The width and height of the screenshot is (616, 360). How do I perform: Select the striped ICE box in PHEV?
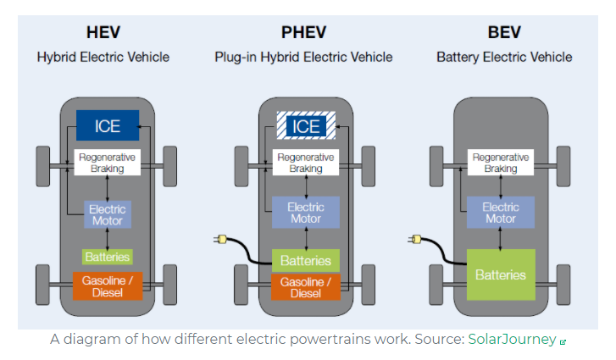[306, 126]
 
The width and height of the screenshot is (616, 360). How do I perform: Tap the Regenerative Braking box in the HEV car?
[108, 163]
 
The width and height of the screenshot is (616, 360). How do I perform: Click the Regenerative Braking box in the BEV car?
[500, 163]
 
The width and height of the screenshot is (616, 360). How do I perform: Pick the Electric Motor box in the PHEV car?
[306, 213]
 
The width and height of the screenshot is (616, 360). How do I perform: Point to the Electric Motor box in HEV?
[108, 215]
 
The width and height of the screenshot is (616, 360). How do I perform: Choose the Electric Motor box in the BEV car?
[500, 213]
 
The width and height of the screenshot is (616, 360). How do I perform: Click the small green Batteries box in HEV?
[108, 256]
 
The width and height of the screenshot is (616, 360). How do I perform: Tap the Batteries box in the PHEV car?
[306, 261]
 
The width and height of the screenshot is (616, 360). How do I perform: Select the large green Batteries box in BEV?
[501, 274]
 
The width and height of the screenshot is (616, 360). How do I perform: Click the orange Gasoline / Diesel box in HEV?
[108, 286]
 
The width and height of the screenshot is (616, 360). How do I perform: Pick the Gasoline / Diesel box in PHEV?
[306, 287]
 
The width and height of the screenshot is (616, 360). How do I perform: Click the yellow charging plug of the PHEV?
[223, 241]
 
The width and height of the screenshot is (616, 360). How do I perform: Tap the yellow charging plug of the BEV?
[417, 241]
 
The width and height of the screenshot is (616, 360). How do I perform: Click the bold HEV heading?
[103, 34]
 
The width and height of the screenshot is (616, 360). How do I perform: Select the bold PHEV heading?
[303, 34]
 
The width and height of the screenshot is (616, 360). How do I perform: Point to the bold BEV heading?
[504, 34]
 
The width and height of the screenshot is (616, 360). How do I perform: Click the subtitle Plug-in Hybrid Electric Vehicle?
[303, 58]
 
